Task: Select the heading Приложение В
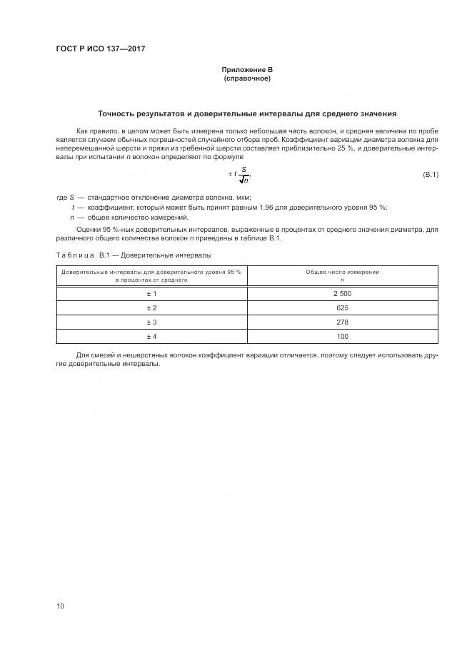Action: coord(247,69)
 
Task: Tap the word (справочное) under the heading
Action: coord(247,78)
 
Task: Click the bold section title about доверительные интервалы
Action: coord(247,113)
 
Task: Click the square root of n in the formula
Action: coord(243,180)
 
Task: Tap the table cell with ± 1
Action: coord(151,293)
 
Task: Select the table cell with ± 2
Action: coord(151,307)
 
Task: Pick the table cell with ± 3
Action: coord(151,322)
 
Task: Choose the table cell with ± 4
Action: coord(151,336)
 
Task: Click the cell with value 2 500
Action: coord(342,293)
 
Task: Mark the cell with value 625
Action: coord(342,307)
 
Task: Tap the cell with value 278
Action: coord(342,322)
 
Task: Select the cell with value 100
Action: coord(342,336)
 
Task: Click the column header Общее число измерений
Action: coord(342,272)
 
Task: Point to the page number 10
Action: coord(61,606)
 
